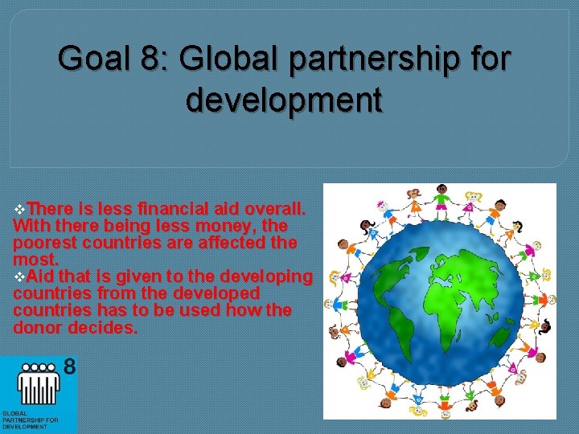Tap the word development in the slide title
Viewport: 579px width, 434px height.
pyautogui.click(x=284, y=101)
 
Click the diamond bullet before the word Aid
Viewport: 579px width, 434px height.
pyautogui.click(x=19, y=276)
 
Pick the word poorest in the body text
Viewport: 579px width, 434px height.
pyautogui.click(x=45, y=242)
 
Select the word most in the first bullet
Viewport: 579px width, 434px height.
pyautogui.click(x=35, y=260)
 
